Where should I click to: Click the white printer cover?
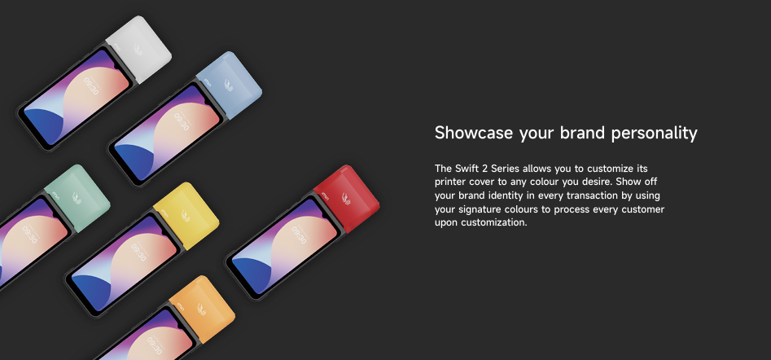click(x=138, y=49)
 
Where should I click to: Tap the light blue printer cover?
click(x=229, y=85)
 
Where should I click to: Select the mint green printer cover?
click(x=77, y=198)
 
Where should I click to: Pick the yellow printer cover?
click(x=186, y=216)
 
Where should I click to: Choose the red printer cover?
click(x=346, y=199)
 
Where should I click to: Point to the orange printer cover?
click(x=202, y=310)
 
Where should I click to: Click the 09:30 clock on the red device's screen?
click(x=299, y=235)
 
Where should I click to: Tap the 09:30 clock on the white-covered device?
click(x=91, y=86)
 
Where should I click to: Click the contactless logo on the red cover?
click(x=346, y=198)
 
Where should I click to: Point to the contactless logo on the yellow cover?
click(x=186, y=215)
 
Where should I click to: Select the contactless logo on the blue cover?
click(x=229, y=85)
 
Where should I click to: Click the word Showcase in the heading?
click(x=475, y=133)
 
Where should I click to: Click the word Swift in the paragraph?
click(x=462, y=169)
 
